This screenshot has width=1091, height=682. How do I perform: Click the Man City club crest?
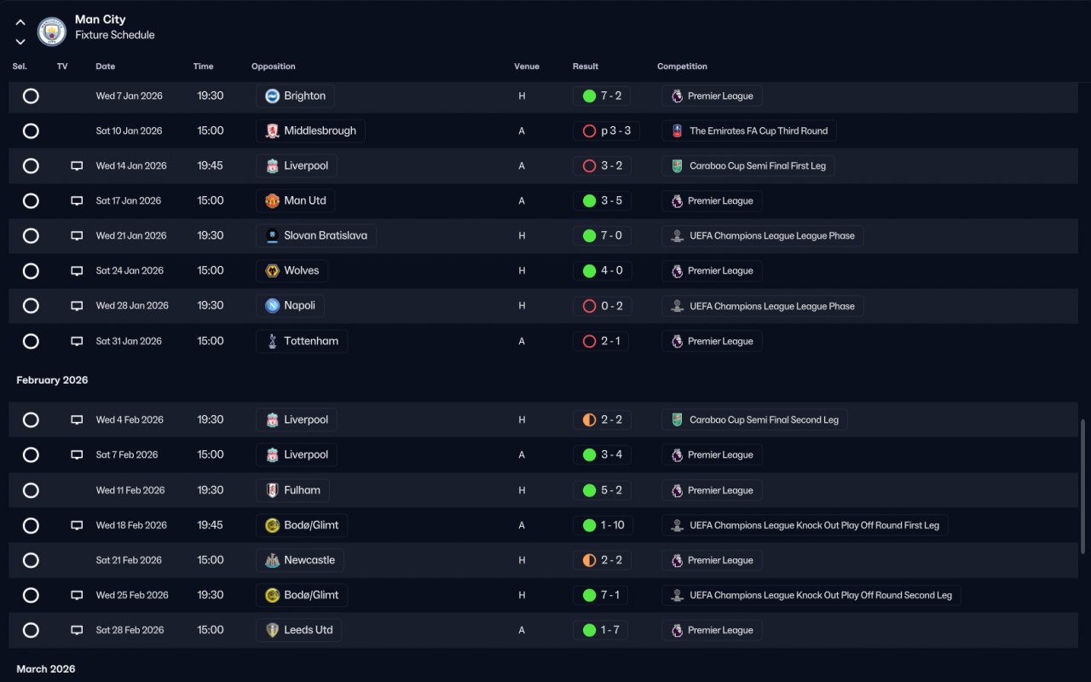(x=52, y=32)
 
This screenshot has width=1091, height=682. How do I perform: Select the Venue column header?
(x=527, y=66)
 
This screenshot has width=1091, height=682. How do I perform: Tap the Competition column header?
(x=682, y=66)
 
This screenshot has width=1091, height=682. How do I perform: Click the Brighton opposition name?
(x=304, y=96)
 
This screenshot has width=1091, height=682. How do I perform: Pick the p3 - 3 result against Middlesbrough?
(x=615, y=130)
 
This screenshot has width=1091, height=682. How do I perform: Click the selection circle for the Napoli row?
(x=31, y=306)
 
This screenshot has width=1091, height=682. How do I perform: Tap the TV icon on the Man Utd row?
(x=77, y=200)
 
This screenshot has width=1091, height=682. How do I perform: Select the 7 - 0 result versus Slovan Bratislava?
(x=611, y=236)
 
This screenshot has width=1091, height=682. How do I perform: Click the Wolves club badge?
(x=272, y=271)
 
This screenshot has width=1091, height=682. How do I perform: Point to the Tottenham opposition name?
(x=311, y=341)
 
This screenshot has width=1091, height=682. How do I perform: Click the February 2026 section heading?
(x=52, y=380)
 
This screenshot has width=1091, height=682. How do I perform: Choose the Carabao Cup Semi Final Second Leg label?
(x=764, y=420)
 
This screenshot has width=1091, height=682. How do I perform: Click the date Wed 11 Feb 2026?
(x=130, y=490)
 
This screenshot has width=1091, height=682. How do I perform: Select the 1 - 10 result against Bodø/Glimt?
(x=612, y=525)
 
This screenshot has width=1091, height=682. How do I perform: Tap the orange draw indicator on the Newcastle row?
(x=589, y=560)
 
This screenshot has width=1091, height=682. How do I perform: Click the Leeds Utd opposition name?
(x=309, y=630)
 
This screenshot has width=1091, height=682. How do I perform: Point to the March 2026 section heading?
(x=46, y=669)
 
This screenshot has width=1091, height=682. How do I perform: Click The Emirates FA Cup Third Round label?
(x=759, y=130)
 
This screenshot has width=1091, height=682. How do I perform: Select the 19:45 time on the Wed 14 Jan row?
(x=210, y=165)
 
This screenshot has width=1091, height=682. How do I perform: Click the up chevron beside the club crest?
(x=20, y=22)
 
